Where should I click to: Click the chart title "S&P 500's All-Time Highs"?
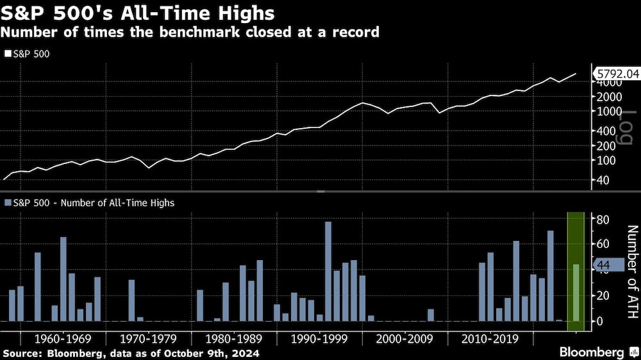tap(138, 13)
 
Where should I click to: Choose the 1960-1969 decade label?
tap(62, 338)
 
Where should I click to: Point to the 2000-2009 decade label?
tap(404, 338)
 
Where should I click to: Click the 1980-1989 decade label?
tap(233, 338)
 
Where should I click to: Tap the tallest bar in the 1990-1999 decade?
tap(328, 271)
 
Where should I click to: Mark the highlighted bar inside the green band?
tap(576, 292)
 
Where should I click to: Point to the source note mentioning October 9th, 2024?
tap(131, 353)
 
